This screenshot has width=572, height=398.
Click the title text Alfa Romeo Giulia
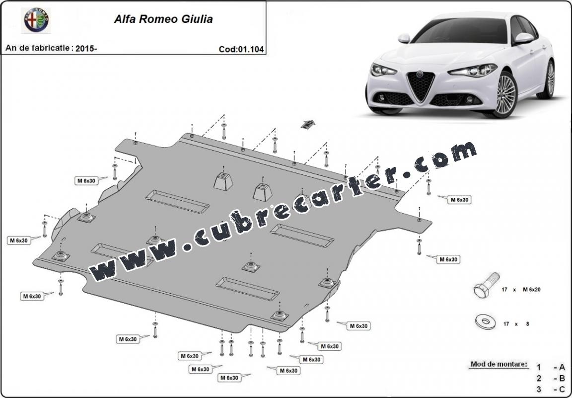coord(164,20)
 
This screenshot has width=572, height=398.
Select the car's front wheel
coord(505,94)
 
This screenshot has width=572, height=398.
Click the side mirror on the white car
coord(523,38)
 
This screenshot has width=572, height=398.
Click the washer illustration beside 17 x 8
coord(485,321)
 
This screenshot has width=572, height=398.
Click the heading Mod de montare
coord(498,364)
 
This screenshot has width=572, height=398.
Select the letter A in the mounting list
coord(562,367)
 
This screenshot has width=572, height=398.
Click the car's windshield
coord(461,31)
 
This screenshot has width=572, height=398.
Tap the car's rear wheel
coord(549,80)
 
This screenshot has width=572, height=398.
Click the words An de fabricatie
coord(39,49)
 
